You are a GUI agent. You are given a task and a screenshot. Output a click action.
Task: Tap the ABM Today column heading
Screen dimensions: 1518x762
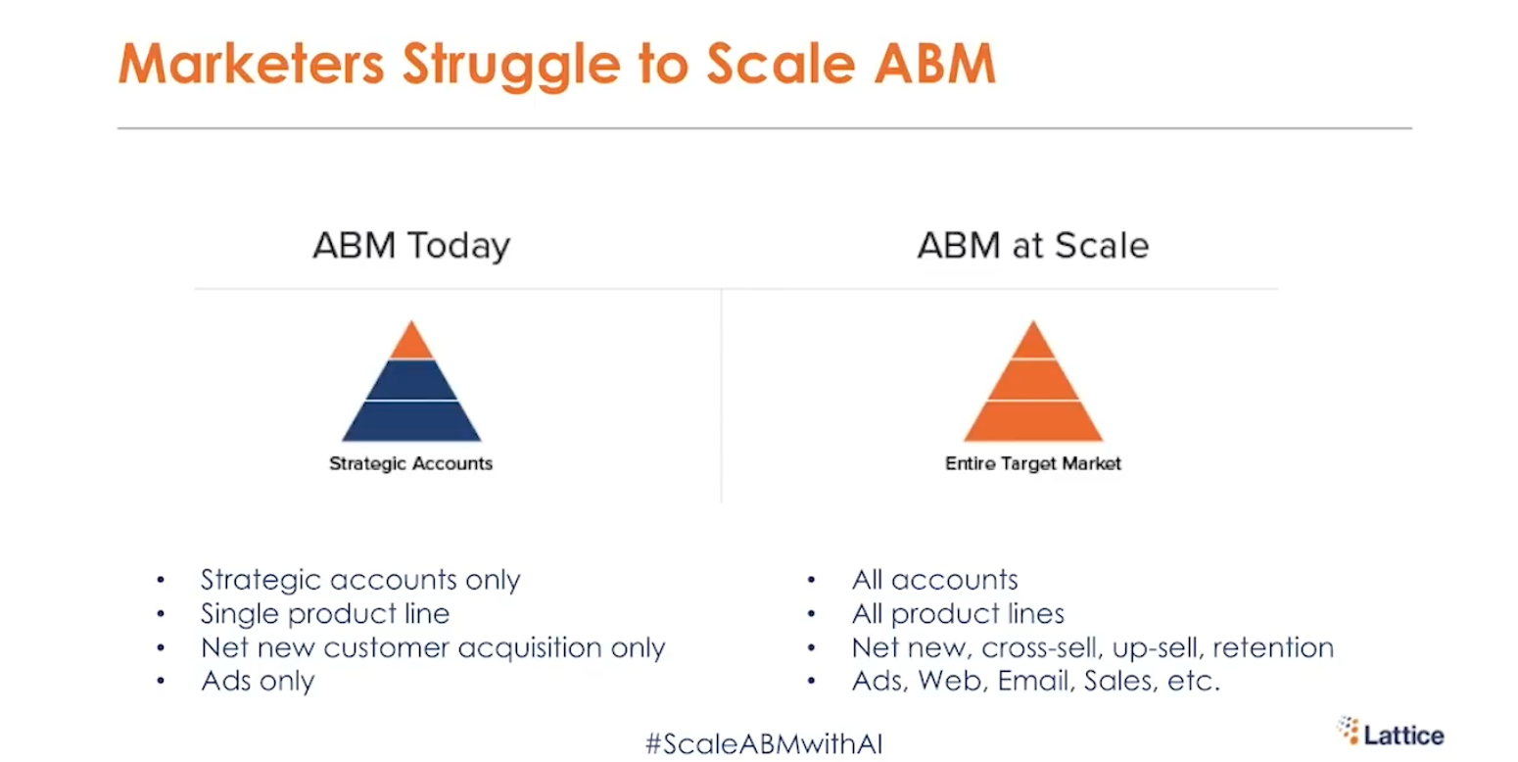411,246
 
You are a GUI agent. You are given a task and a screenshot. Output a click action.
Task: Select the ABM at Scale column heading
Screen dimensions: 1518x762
1033,246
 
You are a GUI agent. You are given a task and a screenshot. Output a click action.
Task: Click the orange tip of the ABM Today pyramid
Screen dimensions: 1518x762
411,340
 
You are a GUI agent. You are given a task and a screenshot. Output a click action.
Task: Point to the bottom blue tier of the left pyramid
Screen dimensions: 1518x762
411,421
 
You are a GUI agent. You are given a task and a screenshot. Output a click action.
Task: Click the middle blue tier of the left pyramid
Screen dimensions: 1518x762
411,380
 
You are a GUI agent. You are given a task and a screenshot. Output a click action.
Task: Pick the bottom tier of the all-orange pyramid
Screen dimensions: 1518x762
1033,421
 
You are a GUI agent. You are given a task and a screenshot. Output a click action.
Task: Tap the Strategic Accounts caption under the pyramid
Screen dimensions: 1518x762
410,463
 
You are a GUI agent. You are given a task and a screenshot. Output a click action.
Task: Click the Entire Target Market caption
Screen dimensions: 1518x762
1033,463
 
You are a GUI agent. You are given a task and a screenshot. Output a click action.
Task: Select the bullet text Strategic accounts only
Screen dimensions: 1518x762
360,580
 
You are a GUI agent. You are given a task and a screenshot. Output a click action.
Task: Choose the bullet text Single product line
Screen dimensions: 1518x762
325,614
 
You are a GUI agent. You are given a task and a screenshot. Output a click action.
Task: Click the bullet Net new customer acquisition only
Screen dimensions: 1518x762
433,648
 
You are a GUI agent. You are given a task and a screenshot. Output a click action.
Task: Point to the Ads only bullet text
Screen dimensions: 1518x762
258,682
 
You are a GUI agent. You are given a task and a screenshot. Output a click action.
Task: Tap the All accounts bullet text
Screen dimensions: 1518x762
934,580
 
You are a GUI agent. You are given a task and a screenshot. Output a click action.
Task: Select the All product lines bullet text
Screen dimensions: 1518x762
958,614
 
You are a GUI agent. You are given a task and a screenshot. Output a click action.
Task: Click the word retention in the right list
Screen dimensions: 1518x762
1273,648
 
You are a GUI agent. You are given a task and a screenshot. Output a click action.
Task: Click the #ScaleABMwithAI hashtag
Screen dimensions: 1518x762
764,744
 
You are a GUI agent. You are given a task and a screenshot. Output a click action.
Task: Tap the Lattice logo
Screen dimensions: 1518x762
1391,733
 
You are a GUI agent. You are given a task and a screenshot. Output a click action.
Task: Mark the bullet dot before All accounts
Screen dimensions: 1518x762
811,580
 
